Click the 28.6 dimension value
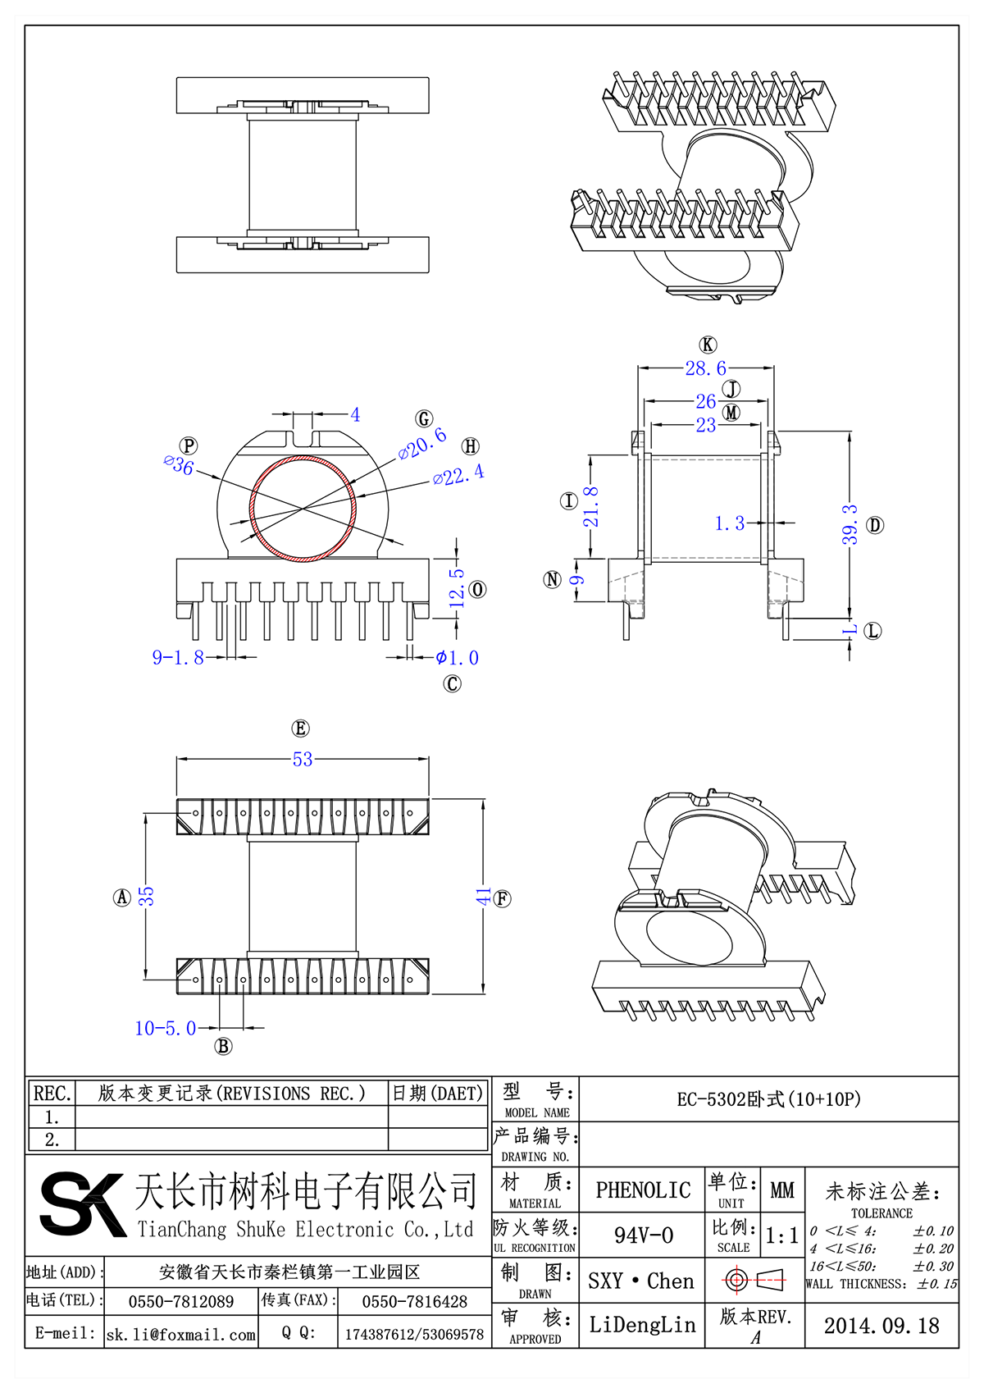pyautogui.click(x=705, y=368)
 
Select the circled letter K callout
pyautogui.click(x=708, y=345)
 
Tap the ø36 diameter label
pyautogui.click(x=179, y=465)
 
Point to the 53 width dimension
pyautogui.click(x=303, y=760)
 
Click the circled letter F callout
pyautogui.click(x=503, y=898)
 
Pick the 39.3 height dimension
pyautogui.click(x=850, y=525)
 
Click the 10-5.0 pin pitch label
pyautogui.click(x=165, y=1028)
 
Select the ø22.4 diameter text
pyautogui.click(x=458, y=475)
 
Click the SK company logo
pyautogui.click(x=82, y=1203)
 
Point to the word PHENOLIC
pyautogui.click(x=643, y=1190)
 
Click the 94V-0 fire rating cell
pyautogui.click(x=643, y=1235)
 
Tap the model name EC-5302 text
pyautogui.click(x=768, y=1099)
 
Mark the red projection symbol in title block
pyautogui.click(x=754, y=1279)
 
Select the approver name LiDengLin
pyautogui.click(x=642, y=1325)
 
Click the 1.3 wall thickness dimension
pyautogui.click(x=729, y=523)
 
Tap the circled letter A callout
pyautogui.click(x=122, y=897)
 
